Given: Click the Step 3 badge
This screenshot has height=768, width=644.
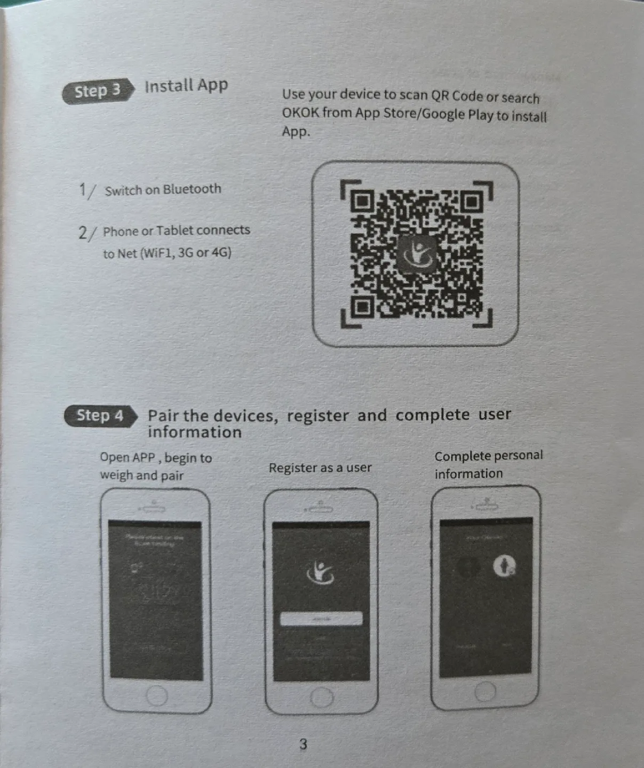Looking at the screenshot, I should pyautogui.click(x=97, y=91).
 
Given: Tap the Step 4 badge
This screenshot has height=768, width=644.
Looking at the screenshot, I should pyautogui.click(x=100, y=415).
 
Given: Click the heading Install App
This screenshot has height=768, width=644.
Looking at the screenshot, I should pyautogui.click(x=186, y=85).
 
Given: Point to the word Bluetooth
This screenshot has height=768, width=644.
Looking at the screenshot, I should pyautogui.click(x=192, y=189).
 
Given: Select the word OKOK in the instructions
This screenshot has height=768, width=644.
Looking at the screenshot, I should pyautogui.click(x=300, y=113).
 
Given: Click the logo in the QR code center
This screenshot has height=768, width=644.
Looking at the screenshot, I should pyautogui.click(x=416, y=253).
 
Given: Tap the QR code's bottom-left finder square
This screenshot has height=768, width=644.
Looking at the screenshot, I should pyautogui.click(x=363, y=306).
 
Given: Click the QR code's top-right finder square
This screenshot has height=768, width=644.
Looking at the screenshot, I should pyautogui.click(x=471, y=202).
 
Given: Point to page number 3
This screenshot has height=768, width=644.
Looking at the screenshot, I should pyautogui.click(x=303, y=744).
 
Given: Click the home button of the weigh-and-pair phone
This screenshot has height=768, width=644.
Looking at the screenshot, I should pyautogui.click(x=157, y=695).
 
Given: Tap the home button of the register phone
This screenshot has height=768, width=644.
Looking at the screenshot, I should pyautogui.click(x=321, y=697).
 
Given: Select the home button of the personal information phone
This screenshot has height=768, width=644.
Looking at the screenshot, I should pyautogui.click(x=485, y=692).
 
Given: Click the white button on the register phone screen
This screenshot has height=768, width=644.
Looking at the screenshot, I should pyautogui.click(x=321, y=619).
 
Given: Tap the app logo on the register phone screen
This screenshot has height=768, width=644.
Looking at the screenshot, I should pyautogui.click(x=320, y=573).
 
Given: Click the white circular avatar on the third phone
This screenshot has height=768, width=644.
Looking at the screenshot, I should pyautogui.click(x=504, y=565).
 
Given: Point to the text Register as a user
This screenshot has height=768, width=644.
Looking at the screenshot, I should pyautogui.click(x=320, y=468).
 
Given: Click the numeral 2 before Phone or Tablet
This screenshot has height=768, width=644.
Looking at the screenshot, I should pyautogui.click(x=83, y=233).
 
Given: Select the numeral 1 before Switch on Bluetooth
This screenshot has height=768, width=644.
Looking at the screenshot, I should pyautogui.click(x=83, y=190).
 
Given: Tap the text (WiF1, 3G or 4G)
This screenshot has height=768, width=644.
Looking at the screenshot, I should pyautogui.click(x=185, y=252).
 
